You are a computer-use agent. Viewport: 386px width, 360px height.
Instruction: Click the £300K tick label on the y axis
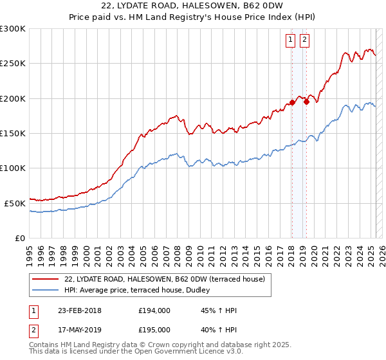(x=13, y=29)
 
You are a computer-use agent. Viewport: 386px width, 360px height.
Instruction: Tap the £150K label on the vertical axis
(x=13, y=134)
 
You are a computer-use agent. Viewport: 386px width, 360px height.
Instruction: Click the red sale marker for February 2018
(x=292, y=102)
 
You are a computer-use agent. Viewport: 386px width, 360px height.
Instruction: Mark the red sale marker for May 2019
(x=306, y=102)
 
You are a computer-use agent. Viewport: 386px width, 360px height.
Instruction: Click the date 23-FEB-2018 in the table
(x=79, y=310)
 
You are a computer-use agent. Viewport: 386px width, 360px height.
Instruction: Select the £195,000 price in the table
(x=154, y=330)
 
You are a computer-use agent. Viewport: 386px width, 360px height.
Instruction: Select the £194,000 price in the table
(x=154, y=310)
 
